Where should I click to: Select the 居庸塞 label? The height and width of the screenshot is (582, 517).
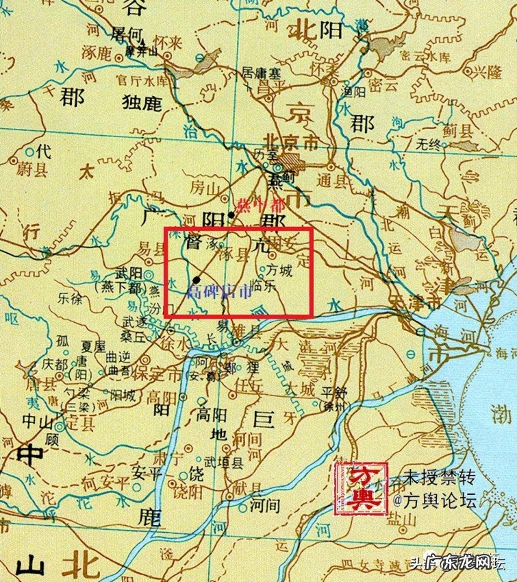pyautogui.click(x=260, y=71)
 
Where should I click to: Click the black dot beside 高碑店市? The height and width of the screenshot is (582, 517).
pyautogui.click(x=197, y=279)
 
